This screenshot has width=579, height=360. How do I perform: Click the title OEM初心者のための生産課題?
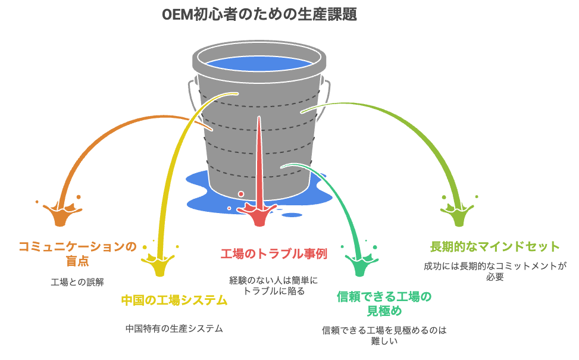259,15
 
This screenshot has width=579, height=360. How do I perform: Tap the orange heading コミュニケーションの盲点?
77,253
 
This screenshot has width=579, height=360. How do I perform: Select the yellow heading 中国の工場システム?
174,300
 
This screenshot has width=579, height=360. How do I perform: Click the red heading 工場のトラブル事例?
274,254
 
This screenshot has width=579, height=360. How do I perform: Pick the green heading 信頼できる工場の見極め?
384,303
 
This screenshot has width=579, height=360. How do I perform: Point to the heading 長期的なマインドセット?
495,246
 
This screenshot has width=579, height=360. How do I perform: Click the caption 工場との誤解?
77,282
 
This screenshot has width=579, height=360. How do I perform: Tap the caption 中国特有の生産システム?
174,328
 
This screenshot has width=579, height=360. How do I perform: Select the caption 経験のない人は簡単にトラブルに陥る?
274,286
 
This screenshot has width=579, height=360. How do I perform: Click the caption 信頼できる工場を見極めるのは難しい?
384,335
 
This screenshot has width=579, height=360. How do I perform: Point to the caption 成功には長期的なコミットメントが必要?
495,271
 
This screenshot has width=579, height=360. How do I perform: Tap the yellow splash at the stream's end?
159,263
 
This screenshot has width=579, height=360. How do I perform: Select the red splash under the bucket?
258,214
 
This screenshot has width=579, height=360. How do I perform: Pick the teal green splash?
359,263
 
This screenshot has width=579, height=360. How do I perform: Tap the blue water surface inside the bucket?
259,64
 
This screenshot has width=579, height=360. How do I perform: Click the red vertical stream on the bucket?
259,162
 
